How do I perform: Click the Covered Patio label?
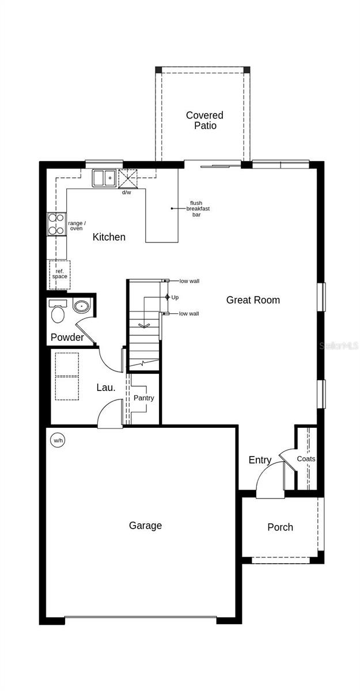204,120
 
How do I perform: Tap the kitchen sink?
104,179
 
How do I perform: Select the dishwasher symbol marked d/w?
128,179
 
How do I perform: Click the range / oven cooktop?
56,224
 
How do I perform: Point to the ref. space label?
59,274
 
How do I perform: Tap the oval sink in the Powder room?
81,306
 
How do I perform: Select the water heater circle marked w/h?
58,440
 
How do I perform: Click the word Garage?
145,525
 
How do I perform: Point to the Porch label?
280,527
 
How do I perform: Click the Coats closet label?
306,459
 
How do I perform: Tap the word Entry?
260,460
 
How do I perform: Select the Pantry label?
144,398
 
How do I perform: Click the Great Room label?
253,300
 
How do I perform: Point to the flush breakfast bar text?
198,208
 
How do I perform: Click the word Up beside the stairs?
175,297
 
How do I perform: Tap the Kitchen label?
109,237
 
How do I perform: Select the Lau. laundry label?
106,388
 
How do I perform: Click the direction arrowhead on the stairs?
144,325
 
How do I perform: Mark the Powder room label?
67,337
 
